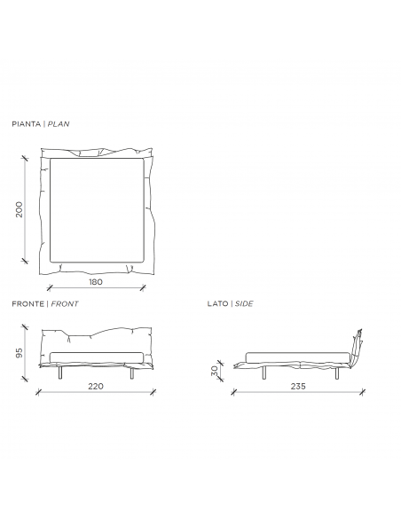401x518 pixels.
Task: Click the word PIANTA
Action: coord(26,124)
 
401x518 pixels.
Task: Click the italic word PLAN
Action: coord(59,124)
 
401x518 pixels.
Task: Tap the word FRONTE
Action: coord(28,303)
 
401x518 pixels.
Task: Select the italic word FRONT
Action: coord(65,303)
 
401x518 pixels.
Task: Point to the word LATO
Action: coord(217,303)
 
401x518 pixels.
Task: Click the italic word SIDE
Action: coord(244,303)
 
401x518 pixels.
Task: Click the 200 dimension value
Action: coord(20,209)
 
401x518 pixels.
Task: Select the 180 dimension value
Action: coord(96,282)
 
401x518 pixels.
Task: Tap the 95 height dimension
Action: coord(20,353)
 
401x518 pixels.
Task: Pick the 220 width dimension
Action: coord(96,386)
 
